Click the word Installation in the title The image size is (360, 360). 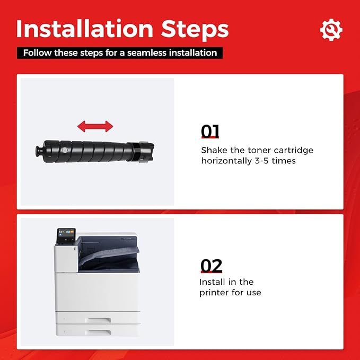point(85,29)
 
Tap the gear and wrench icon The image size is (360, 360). point(331,30)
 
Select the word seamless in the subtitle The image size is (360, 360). point(146,53)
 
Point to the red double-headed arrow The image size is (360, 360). point(95,126)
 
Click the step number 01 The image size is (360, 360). point(210,131)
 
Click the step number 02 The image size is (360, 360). point(211,266)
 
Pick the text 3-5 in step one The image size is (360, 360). point(261,161)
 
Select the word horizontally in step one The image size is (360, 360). point(226,162)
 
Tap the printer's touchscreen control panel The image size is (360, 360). point(66,235)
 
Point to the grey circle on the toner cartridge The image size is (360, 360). point(65,150)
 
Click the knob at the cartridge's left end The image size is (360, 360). point(39,151)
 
